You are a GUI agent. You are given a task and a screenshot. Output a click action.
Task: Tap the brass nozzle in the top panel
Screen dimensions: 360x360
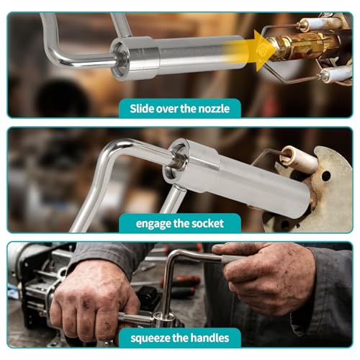coord(302,46)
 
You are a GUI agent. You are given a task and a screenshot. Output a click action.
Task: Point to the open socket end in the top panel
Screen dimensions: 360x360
coord(120,60)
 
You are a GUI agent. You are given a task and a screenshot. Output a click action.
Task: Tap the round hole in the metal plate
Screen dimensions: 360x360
coord(326,176)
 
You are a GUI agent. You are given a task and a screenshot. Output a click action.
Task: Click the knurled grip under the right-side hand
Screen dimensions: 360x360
coord(230,259)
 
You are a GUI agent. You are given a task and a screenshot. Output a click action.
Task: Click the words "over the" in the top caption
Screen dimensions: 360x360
coord(176,109)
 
